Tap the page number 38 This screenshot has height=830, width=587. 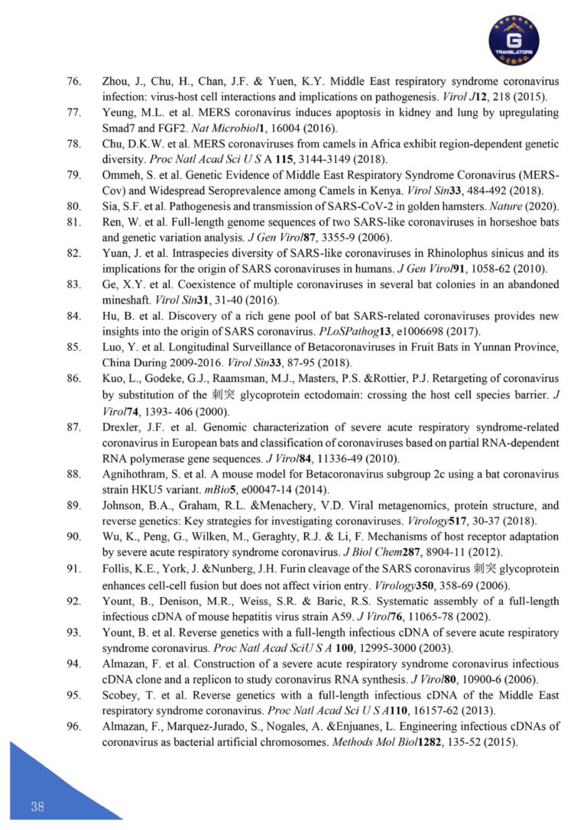37,807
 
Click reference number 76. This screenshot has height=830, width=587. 74,82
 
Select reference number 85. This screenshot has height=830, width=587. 74,347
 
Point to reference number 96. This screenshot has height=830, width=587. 74,726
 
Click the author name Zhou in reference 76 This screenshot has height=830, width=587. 115,82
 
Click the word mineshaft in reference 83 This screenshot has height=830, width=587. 126,300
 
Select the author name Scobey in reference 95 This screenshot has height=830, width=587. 122,695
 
